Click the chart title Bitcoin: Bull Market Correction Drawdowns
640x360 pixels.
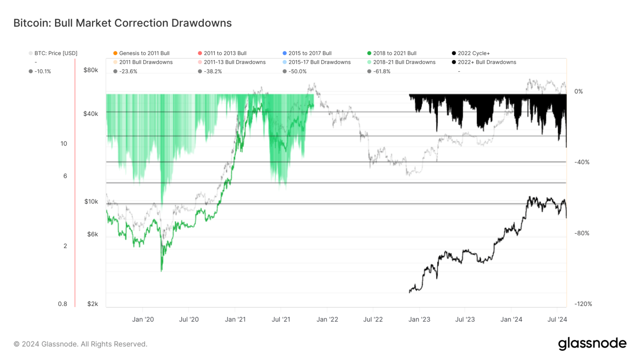tap(122, 23)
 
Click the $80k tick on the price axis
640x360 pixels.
tap(91, 70)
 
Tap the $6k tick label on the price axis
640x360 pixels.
tap(92, 234)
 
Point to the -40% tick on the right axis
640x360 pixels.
tap(582, 162)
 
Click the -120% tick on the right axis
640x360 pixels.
tap(583, 304)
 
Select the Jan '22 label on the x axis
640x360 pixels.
tap(327, 319)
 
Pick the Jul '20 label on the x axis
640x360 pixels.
tap(189, 319)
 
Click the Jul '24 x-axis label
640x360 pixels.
tap(557, 319)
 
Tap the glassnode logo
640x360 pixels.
tap(592, 343)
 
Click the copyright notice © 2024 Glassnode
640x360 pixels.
tap(80, 344)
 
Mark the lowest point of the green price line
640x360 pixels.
tap(162, 271)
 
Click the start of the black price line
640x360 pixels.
tap(410, 292)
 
